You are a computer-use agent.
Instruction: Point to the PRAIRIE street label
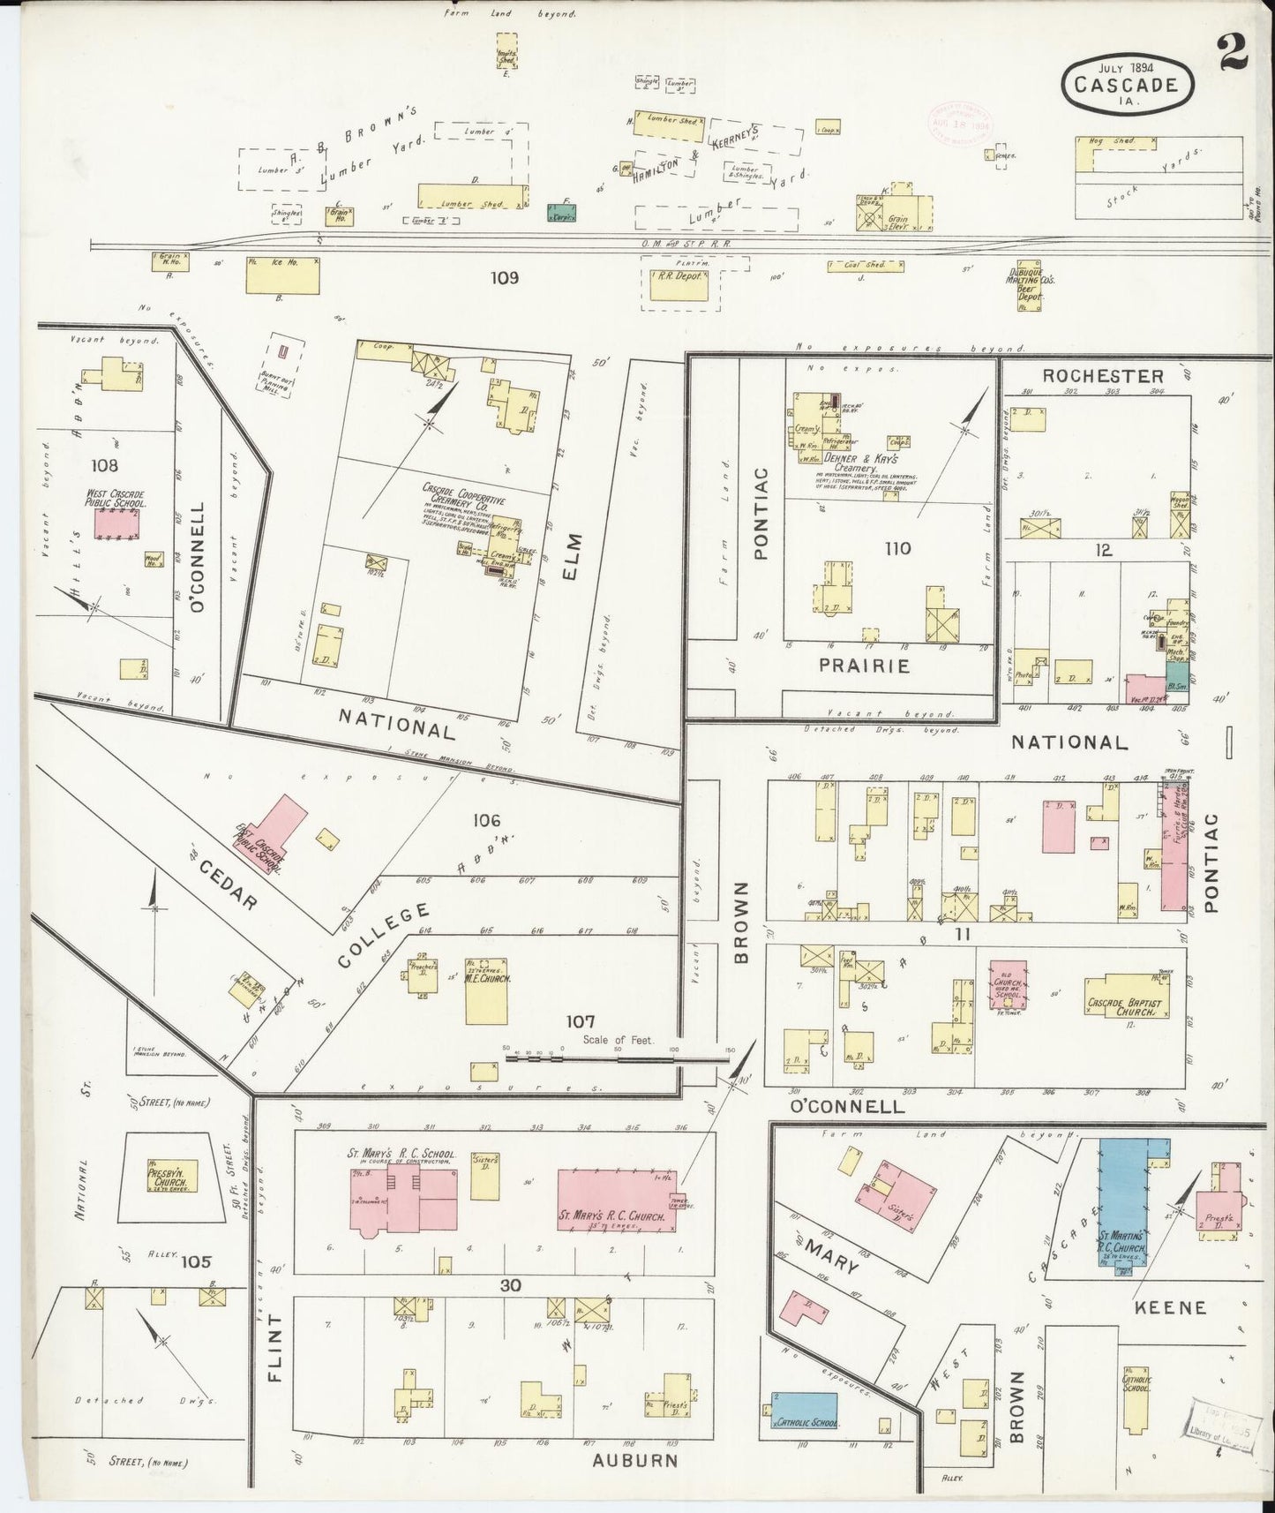[863, 666]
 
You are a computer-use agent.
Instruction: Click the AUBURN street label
[634, 1460]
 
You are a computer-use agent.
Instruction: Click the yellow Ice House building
[282, 275]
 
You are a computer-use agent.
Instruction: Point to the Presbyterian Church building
[172, 1176]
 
